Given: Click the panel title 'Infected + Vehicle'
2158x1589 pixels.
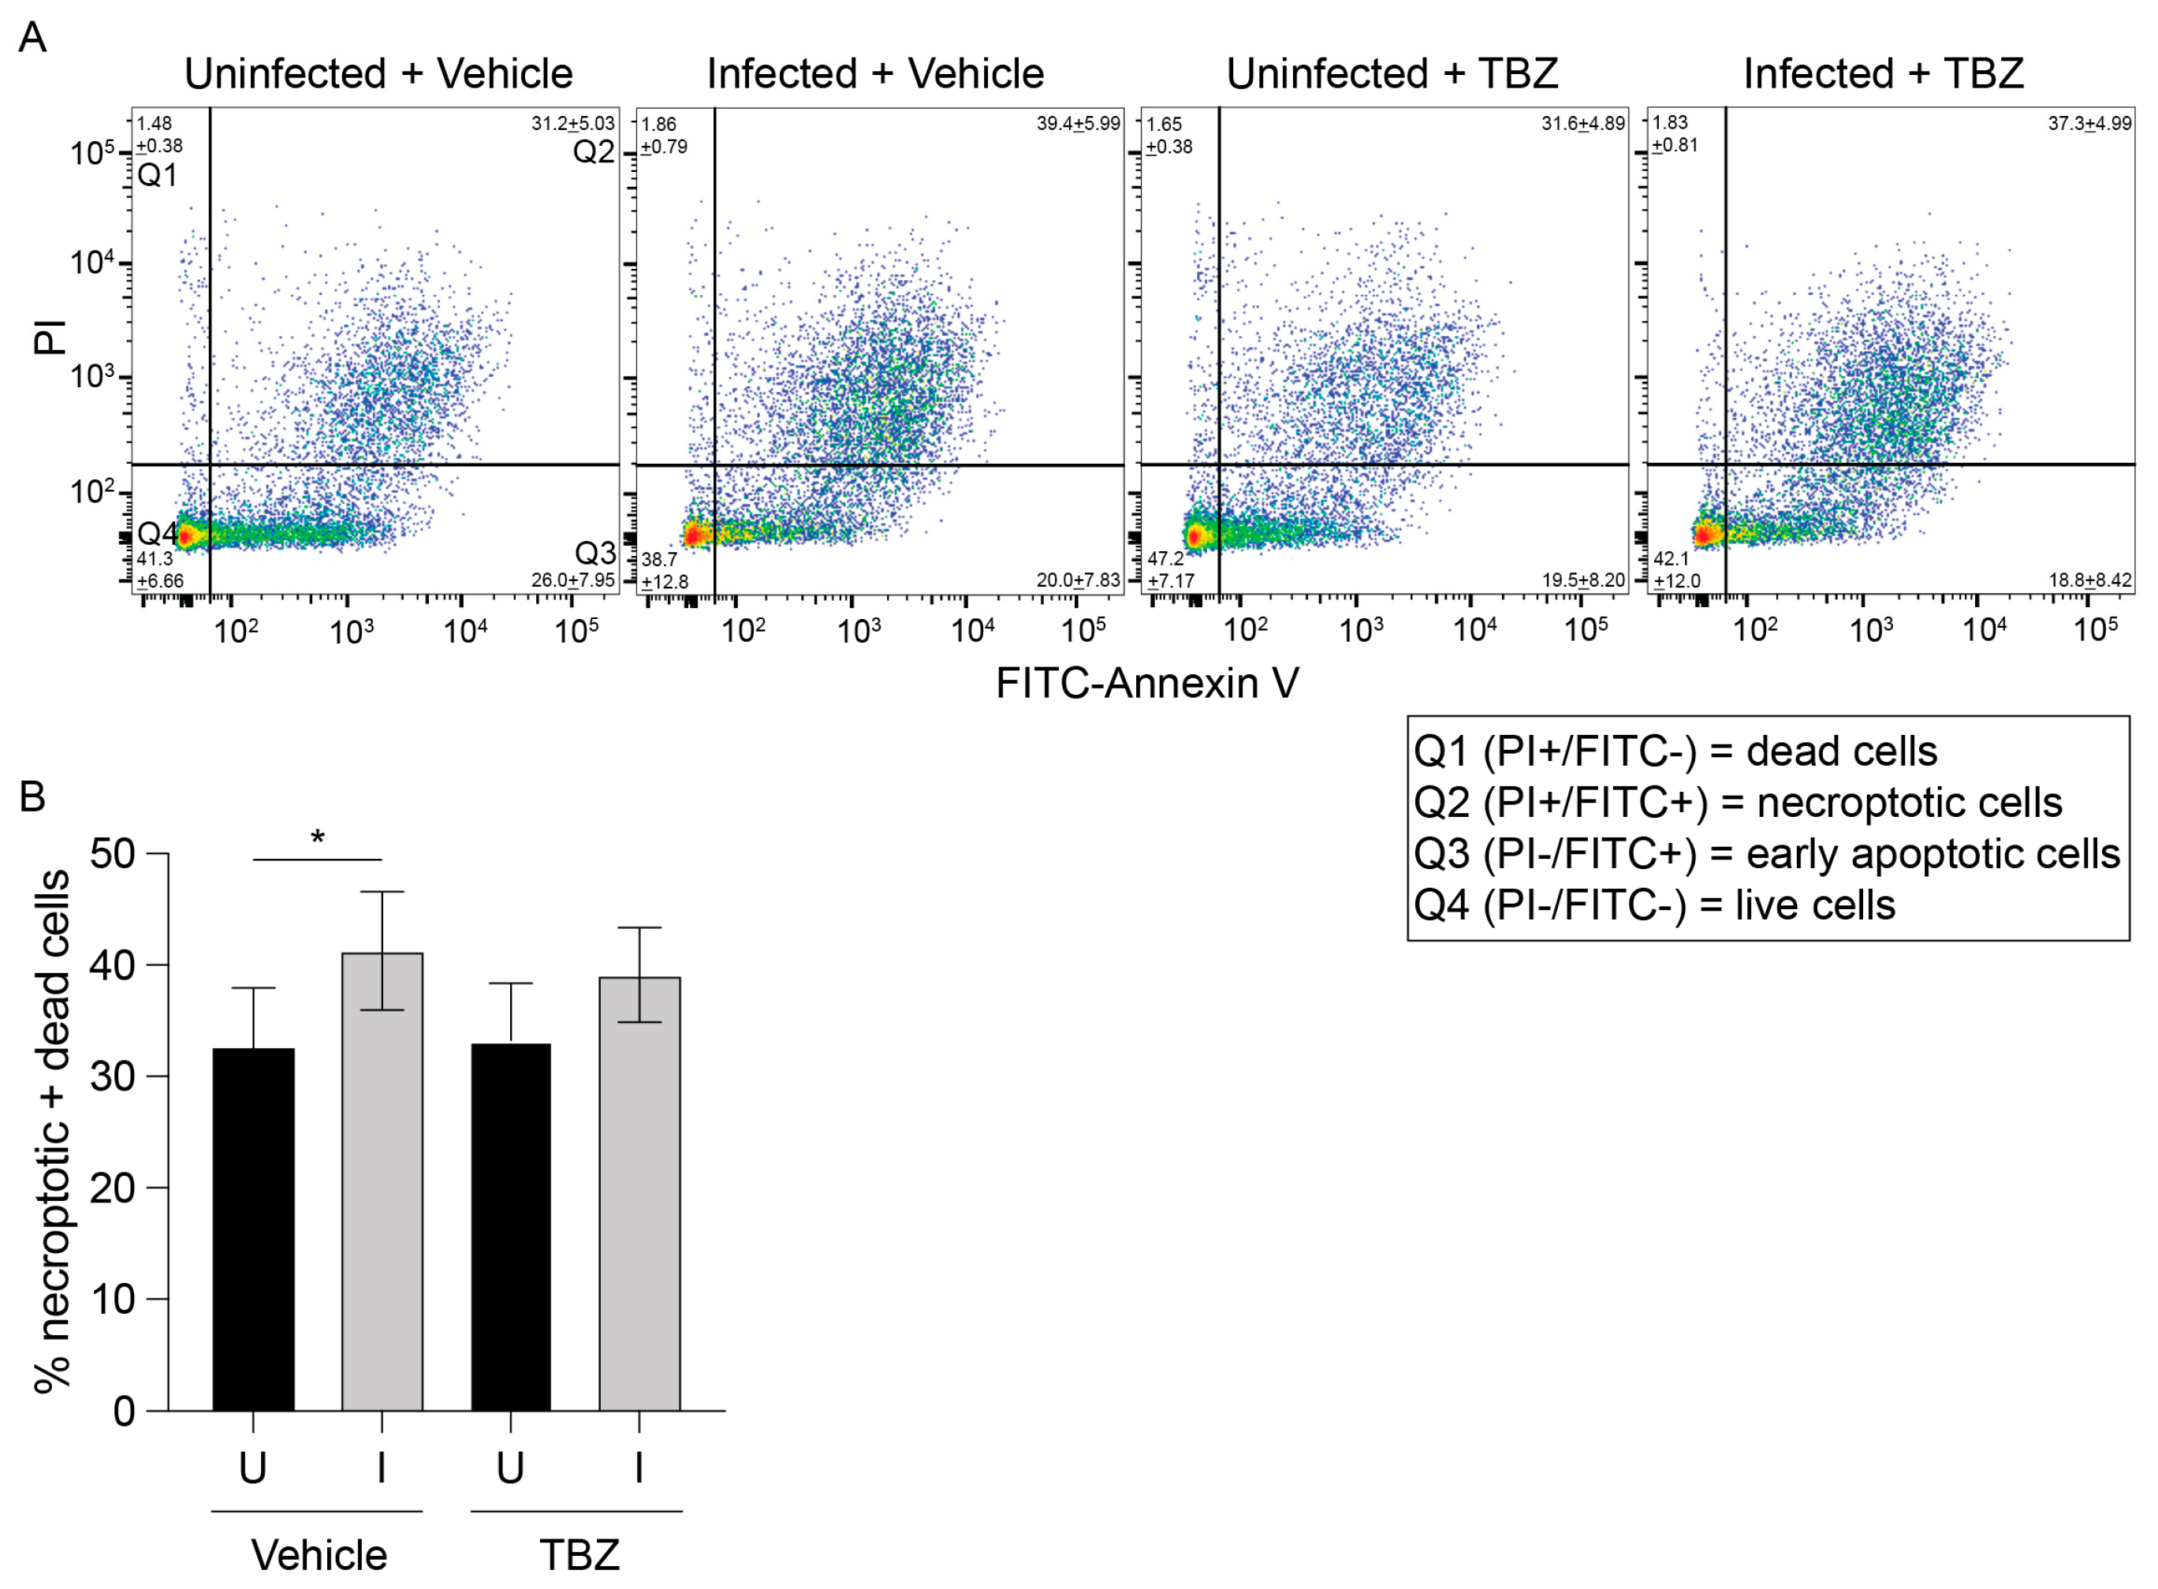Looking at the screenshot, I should tap(874, 74).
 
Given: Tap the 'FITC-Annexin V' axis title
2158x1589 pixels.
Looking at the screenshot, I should tap(1146, 684).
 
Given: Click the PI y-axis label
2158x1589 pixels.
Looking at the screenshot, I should tap(50, 337).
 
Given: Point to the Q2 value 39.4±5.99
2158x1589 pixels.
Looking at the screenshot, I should tap(1077, 124).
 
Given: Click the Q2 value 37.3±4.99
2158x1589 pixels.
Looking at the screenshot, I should tap(2089, 123).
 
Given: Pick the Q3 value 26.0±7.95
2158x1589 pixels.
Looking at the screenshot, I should tap(572, 580).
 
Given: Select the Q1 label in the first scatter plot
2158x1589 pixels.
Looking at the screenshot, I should tap(157, 175).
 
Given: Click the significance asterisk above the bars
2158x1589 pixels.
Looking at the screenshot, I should tap(317, 837).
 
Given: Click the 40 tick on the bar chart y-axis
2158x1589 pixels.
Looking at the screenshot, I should tap(113, 964).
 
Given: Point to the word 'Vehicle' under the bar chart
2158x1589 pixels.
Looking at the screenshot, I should tap(319, 1555).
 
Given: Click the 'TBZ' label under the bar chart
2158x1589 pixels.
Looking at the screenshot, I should tap(578, 1555).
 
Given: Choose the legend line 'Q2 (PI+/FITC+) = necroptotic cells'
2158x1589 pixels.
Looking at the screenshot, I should tap(1737, 803).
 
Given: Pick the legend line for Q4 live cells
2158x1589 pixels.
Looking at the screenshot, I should tap(1654, 905).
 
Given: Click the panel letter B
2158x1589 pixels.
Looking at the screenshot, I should tap(32, 796).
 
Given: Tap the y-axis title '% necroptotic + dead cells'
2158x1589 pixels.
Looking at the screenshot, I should tap(53, 1130).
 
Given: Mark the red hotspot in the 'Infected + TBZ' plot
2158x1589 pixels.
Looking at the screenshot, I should tap(1704, 534).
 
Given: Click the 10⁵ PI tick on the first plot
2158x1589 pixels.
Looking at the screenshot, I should tap(91, 153).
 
